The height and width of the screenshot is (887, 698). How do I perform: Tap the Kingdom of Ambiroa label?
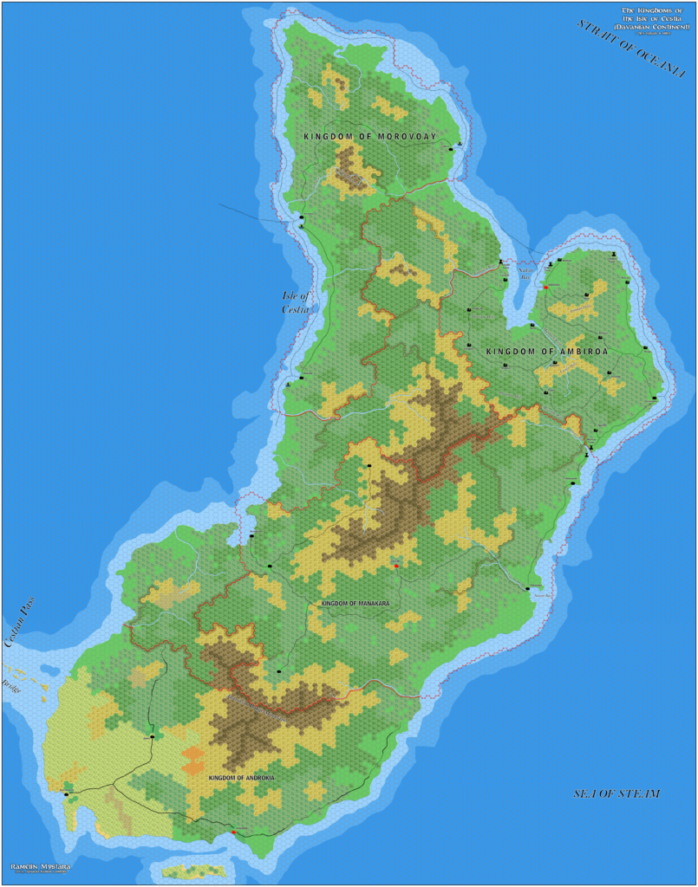pyautogui.click(x=546, y=351)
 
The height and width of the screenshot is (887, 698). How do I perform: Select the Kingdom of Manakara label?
pyautogui.click(x=356, y=602)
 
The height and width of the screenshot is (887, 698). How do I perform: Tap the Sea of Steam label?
pyautogui.click(x=616, y=793)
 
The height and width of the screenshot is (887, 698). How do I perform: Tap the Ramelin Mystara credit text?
pyautogui.click(x=41, y=865)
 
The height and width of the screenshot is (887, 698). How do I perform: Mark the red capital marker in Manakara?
pyautogui.click(x=396, y=566)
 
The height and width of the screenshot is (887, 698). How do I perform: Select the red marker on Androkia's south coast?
pyautogui.click(x=233, y=833)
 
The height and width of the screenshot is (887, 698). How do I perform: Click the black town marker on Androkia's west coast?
pyautogui.click(x=66, y=793)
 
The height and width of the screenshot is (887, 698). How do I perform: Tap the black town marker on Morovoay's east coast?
pyautogui.click(x=451, y=149)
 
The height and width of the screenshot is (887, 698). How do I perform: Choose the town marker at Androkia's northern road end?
pyautogui.click(x=153, y=737)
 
